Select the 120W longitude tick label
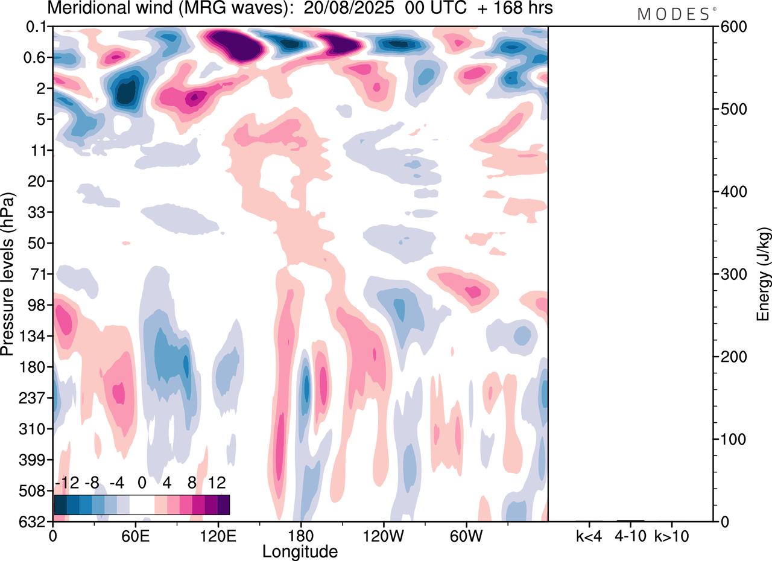(x=384, y=535)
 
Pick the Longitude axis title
(x=300, y=550)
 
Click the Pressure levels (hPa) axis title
(x=8, y=274)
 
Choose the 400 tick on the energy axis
(x=732, y=192)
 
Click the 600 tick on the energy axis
(x=732, y=27)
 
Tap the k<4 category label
(x=588, y=535)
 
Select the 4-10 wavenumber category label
(x=630, y=535)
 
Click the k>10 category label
(x=672, y=535)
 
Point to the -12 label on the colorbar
(x=67, y=483)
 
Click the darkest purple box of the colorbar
(x=223, y=504)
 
